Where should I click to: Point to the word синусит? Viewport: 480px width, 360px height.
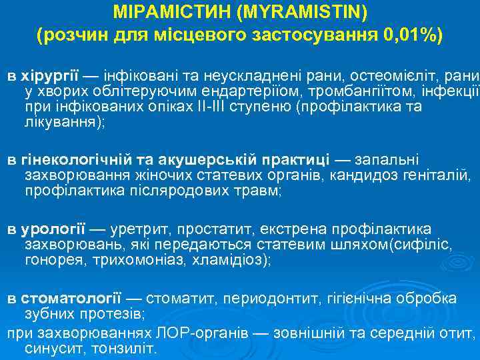51,349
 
